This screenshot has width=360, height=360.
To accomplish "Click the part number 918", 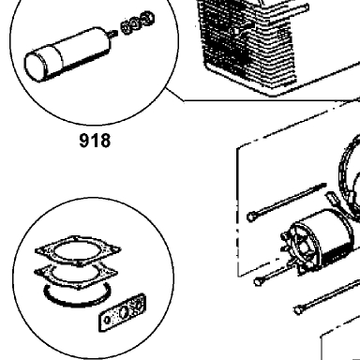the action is pyautogui.click(x=95, y=141).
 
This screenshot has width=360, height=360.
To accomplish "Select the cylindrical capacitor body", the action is pyautogui.click(x=68, y=55).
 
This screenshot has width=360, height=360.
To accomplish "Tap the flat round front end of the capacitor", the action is pyautogui.click(x=36, y=67).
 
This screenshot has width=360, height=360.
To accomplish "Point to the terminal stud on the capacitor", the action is pyautogui.click(x=114, y=33).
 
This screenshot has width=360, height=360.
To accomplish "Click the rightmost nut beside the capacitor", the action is pyautogui.click(x=147, y=19).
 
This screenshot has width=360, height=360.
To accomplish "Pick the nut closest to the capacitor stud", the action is pyautogui.click(x=127, y=27).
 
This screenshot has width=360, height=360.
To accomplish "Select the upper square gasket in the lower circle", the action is pyautogui.click(x=78, y=250).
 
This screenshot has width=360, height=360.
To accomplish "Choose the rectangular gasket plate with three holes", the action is pyautogui.click(x=123, y=312).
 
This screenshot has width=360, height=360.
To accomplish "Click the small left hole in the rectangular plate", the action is pyautogui.click(x=107, y=320).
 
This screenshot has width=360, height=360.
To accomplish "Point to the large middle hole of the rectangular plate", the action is pyautogui.click(x=123, y=312).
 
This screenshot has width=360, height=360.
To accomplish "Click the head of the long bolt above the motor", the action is pyautogui.click(x=250, y=217).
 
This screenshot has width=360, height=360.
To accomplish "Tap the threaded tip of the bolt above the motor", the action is pyautogui.click(x=322, y=186).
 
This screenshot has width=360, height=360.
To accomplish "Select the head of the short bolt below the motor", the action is pyautogui.click(x=258, y=281).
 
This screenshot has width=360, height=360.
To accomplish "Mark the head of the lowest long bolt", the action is pyautogui.click(x=298, y=309).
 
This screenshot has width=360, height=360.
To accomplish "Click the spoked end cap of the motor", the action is pyautogui.click(x=302, y=244).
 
